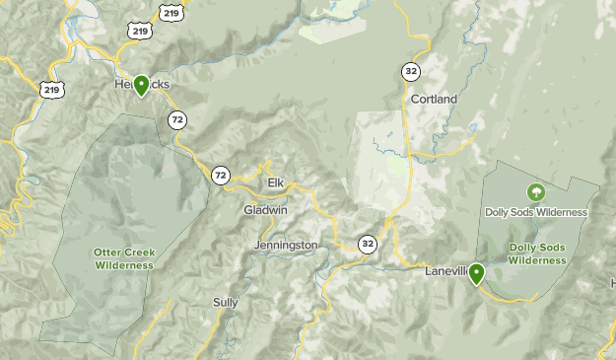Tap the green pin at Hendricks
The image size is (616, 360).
tap(142, 86)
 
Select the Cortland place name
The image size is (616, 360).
tap(434, 100)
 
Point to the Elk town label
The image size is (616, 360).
tap(276, 182)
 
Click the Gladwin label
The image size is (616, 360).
tap(265, 210)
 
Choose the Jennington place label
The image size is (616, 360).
tap(286, 245)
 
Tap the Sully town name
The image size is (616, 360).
tap(226, 303)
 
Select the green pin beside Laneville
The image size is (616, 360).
tap(477, 273)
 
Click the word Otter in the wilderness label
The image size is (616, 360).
tap(109, 252)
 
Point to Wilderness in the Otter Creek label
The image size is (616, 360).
tap(125, 265)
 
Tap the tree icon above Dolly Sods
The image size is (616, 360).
tap(536, 192)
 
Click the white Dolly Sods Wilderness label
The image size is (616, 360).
tap(536, 212)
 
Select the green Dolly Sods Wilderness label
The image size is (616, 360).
tap(538, 253)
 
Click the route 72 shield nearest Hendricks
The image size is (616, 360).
tap(177, 119)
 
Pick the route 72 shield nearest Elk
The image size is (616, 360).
tap(220, 175)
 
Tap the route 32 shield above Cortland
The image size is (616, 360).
tap(409, 71)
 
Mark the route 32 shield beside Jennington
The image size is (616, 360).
tap(368, 244)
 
